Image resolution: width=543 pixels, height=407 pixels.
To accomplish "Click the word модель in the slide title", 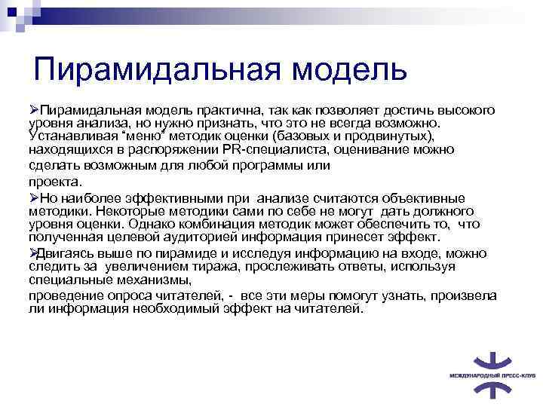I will coord(348,69).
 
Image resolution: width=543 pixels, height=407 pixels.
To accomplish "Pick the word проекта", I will coord(57,182).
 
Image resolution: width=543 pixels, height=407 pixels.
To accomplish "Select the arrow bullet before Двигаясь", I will coord(34,252).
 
